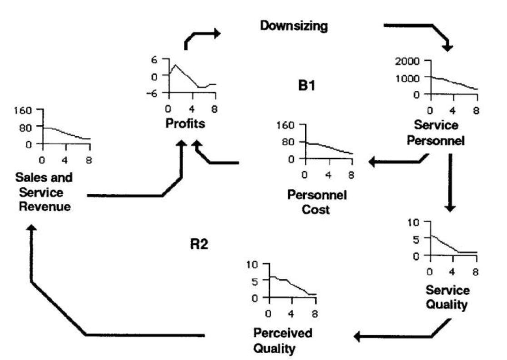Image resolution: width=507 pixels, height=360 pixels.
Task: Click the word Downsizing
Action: (x=293, y=26)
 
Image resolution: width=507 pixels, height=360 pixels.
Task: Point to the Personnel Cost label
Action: (x=317, y=202)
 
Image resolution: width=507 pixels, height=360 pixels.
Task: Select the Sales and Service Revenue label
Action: (x=44, y=192)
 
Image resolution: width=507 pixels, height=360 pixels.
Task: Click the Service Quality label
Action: (x=448, y=297)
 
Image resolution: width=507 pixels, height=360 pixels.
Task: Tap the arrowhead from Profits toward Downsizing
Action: (x=216, y=33)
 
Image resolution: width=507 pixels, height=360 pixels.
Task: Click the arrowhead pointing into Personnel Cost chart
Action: (x=373, y=161)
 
